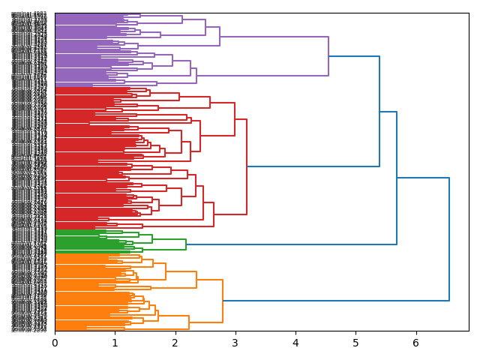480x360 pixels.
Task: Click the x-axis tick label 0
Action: (55, 343)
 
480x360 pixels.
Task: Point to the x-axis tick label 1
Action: (115, 343)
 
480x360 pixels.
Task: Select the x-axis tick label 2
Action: (175, 343)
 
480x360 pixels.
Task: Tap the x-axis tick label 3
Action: (235, 343)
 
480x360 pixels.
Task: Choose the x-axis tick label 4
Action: (295, 343)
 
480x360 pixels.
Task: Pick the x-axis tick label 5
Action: (355, 343)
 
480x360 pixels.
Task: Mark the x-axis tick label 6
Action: (415, 343)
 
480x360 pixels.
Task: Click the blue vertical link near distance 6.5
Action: (449, 239)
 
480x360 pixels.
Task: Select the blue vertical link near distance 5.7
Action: (397, 178)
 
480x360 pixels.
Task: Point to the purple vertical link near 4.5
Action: (328, 56)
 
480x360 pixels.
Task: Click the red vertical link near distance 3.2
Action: (247, 166)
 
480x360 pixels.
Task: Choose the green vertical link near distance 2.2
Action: (186, 244)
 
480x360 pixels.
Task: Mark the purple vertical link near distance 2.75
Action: (220, 36)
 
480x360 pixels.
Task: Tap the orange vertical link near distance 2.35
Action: (196, 280)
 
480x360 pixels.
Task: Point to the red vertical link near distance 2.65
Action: (214, 214)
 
